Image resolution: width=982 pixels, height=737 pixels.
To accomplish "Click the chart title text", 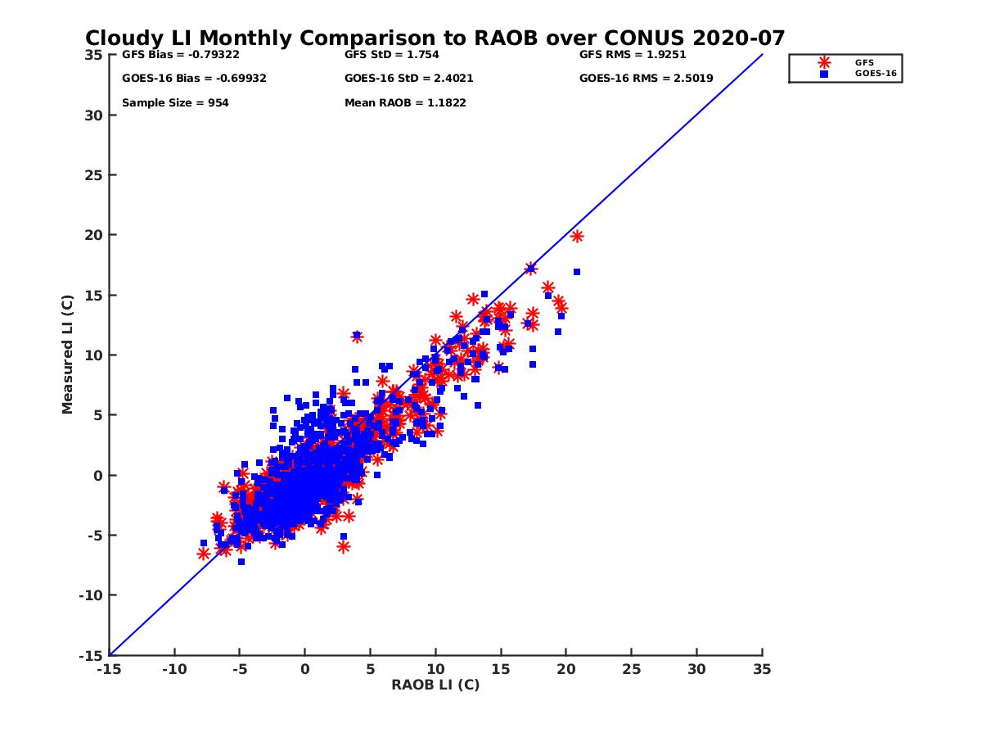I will [x=435, y=38].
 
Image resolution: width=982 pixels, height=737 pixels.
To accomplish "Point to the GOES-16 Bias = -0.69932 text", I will [x=194, y=79].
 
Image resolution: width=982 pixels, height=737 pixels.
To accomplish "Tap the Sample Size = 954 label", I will [x=175, y=103].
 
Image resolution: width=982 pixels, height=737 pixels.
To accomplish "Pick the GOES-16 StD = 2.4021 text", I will [x=408, y=79].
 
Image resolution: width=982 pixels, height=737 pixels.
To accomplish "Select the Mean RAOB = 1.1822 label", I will [x=405, y=103].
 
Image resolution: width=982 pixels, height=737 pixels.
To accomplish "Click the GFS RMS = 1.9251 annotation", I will [x=633, y=56].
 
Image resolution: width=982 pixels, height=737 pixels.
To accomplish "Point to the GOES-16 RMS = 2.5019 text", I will [x=646, y=79].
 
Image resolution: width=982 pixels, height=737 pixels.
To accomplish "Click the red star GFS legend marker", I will [x=824, y=62].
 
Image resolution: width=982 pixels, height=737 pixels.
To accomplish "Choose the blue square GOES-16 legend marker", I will [x=824, y=74].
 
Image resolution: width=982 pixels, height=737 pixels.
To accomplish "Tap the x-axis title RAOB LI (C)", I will [x=435, y=685].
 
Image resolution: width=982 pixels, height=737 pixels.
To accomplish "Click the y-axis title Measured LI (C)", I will [x=67, y=355].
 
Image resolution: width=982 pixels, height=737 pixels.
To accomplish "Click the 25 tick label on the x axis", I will [x=631, y=669].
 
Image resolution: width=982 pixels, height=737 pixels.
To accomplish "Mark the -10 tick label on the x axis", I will [x=173, y=669].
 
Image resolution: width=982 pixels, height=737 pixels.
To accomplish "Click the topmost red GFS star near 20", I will [x=577, y=236].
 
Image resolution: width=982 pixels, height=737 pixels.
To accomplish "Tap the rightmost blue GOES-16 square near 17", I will [x=577, y=272].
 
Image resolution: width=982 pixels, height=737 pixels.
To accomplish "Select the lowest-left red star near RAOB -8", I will [x=204, y=554].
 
